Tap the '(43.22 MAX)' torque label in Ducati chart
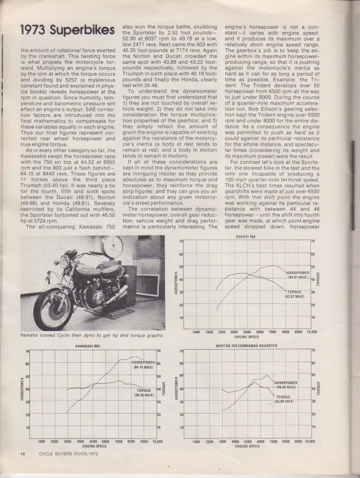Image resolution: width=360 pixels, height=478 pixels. coord(294,296)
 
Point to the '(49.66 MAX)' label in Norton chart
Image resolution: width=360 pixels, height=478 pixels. coord(288,387)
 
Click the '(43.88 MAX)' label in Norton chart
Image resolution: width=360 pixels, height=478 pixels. coord(286,401)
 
